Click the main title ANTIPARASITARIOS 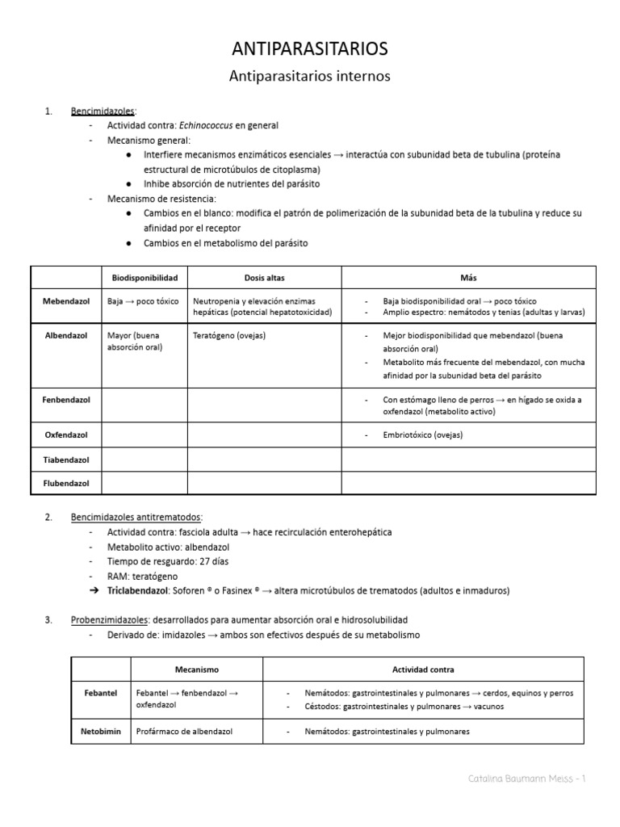(x=310, y=49)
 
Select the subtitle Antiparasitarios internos (x=310, y=77)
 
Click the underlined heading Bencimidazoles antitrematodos (x=136, y=517)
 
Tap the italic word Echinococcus (x=211, y=125)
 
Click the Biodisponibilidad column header (x=145, y=277)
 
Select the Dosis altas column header (x=265, y=277)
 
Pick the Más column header (x=468, y=277)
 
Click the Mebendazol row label (x=65, y=300)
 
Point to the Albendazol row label (x=65, y=334)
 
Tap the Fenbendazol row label (x=65, y=399)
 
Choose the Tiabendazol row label (x=65, y=460)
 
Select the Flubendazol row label (x=65, y=483)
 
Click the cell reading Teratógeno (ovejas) (x=229, y=334)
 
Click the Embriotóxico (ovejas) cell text (x=423, y=434)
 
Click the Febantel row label (x=101, y=693)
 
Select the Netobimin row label (x=101, y=731)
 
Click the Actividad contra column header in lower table (x=423, y=670)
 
